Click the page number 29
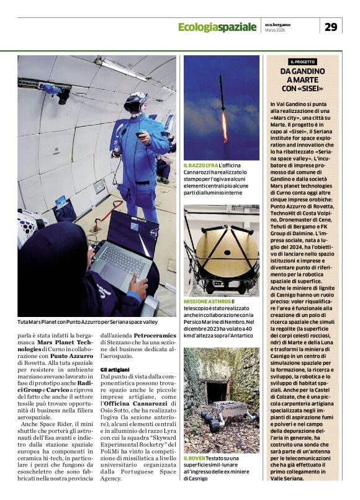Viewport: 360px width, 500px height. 331,26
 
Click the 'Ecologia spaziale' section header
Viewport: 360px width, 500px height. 217,27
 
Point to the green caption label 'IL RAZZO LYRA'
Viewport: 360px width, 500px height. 200,165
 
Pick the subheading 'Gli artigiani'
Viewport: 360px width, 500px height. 114,369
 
